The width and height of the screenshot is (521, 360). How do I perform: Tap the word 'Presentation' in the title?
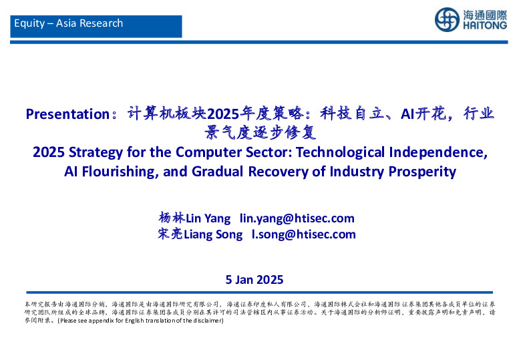point(67,114)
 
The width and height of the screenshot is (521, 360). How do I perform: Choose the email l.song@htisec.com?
point(303,234)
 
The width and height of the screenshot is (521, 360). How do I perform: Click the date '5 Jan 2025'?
point(254,280)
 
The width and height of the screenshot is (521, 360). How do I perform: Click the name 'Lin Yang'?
point(208,218)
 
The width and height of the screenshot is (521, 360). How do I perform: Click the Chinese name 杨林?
point(171,218)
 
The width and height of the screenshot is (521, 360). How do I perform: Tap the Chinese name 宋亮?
point(170,234)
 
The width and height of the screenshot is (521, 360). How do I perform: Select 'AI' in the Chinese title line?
point(407,114)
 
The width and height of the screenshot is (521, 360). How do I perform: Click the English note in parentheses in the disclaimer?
point(140,321)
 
